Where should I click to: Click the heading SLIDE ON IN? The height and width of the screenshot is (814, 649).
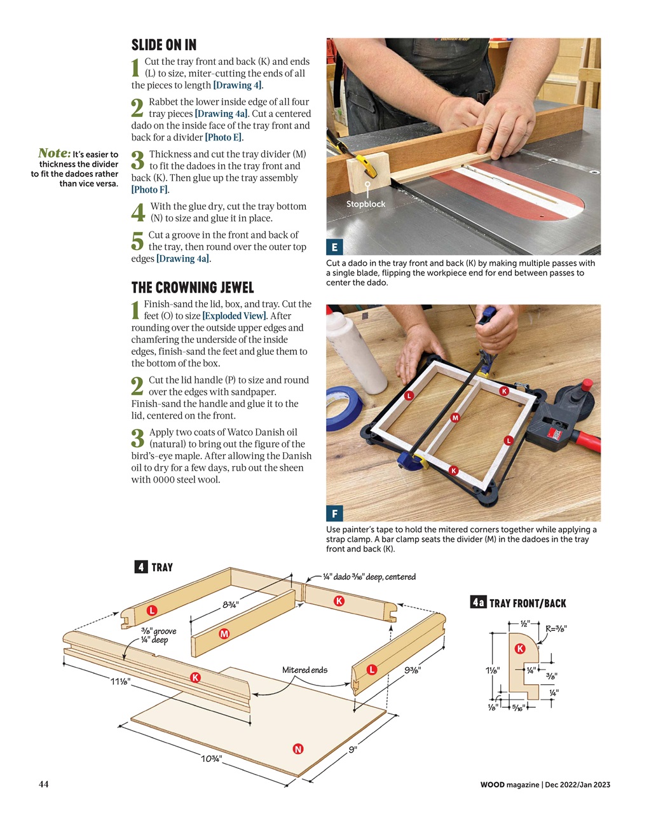tap(163, 45)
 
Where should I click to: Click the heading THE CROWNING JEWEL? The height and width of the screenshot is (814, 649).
tap(192, 287)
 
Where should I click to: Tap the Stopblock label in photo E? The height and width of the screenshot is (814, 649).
tap(365, 204)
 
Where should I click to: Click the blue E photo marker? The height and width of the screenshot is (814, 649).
tap(334, 247)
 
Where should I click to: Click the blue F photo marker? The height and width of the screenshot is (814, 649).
tap(334, 513)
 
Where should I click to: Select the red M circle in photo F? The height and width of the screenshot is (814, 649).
tap(454, 418)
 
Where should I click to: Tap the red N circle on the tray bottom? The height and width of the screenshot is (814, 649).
tap(297, 748)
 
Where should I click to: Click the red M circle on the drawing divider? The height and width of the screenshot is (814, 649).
tap(224, 633)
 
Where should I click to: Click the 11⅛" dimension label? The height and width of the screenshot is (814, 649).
tap(120, 681)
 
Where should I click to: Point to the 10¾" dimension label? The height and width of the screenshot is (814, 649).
tap(211, 758)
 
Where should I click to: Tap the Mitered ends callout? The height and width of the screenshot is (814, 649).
tap(304, 670)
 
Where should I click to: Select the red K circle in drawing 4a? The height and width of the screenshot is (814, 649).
tap(520, 649)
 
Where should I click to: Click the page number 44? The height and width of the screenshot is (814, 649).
tap(43, 784)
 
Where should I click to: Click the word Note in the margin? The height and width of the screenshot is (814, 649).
tap(54, 153)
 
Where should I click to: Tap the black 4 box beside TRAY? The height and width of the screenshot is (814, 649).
tap(141, 567)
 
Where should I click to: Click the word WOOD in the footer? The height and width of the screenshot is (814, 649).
tap(492, 785)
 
